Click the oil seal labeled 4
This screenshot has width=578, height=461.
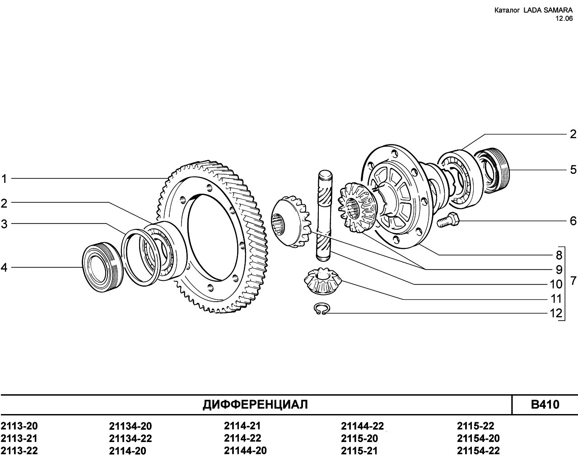[x=103, y=267]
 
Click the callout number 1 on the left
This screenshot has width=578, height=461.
[x=4, y=179]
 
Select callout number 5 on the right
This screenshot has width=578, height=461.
[x=573, y=170]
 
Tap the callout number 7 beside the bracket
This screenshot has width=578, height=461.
[x=573, y=281]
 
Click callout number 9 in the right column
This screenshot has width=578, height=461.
[x=559, y=270]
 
